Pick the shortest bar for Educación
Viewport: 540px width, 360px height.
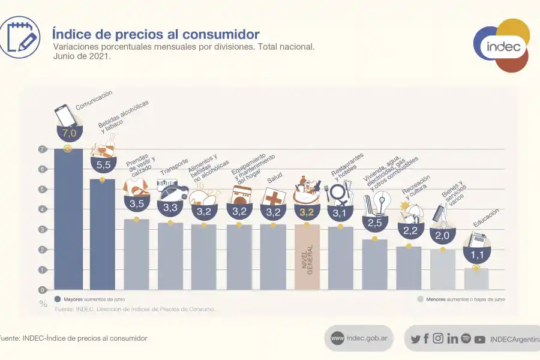[x=476, y=279]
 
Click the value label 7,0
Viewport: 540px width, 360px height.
[x=68, y=133]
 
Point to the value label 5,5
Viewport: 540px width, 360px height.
[x=102, y=164]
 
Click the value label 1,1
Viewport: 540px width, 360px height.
[x=476, y=254]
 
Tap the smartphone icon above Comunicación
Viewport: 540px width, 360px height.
[x=65, y=115]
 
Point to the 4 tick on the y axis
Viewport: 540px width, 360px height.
[x=43, y=209]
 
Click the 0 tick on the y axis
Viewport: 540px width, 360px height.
[x=43, y=290]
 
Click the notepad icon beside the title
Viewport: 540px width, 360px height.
[x=20, y=37]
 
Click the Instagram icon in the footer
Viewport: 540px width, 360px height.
[x=438, y=338]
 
